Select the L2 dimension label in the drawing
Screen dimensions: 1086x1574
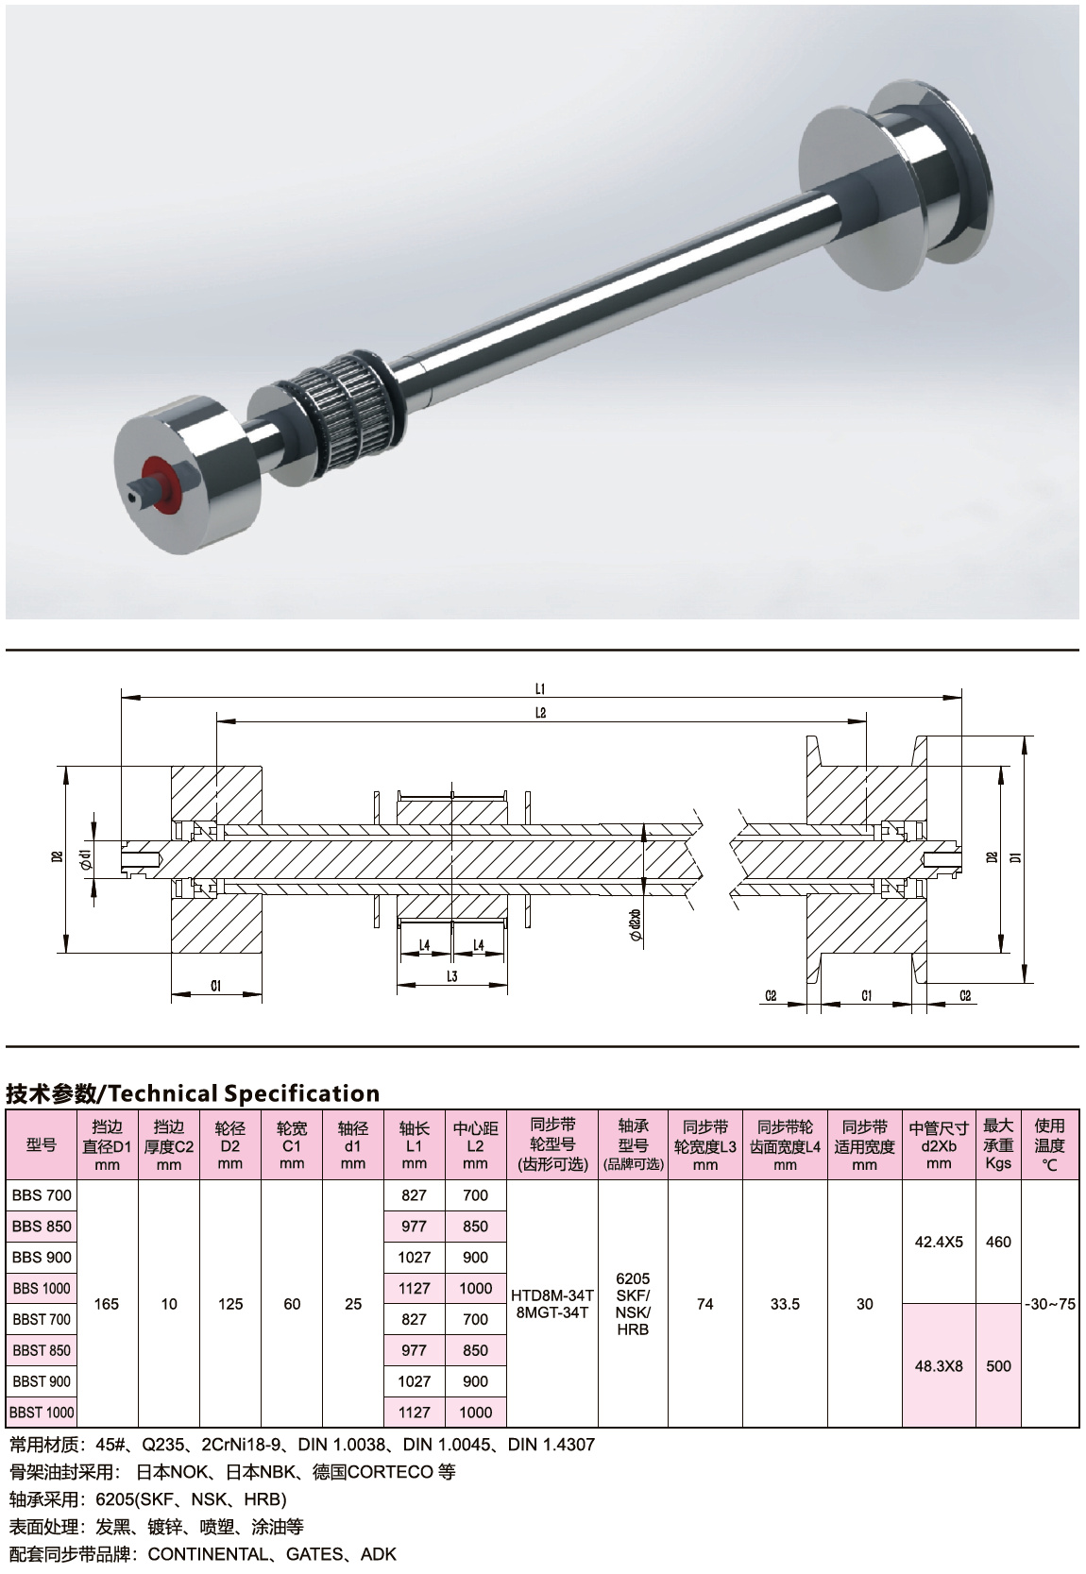point(540,713)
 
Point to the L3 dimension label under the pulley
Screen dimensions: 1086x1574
point(452,976)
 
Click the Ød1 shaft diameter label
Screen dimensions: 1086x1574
point(85,858)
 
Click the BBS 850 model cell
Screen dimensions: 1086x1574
point(42,1227)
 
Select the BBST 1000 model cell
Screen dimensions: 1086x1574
point(42,1413)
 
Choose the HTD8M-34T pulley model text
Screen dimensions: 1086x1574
point(552,1295)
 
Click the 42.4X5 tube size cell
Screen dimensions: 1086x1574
point(939,1242)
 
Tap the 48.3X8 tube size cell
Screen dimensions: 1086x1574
point(939,1366)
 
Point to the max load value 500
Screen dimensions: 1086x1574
point(998,1366)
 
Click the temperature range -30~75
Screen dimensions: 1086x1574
point(1050,1304)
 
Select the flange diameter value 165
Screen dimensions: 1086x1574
point(106,1304)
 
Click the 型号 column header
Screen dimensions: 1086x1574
point(42,1144)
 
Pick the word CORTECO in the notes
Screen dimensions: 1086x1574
point(390,1472)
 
